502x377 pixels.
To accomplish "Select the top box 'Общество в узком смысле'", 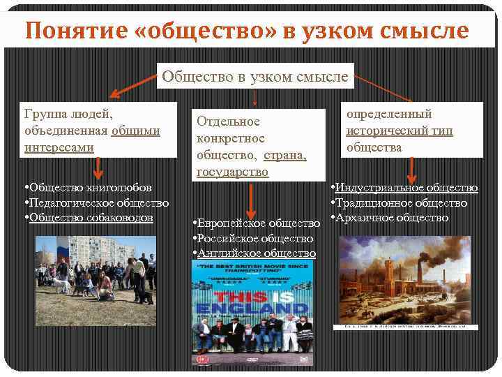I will point(255,76).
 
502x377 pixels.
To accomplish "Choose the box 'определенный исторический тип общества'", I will point(412,130).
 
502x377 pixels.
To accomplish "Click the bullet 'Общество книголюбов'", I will point(86,188).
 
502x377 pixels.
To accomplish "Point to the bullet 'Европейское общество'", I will point(255,223).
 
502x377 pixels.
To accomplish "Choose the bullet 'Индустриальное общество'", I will point(404,187).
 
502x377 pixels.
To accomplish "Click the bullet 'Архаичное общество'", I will point(390,218).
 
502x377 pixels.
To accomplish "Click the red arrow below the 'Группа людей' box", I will point(98,168).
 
